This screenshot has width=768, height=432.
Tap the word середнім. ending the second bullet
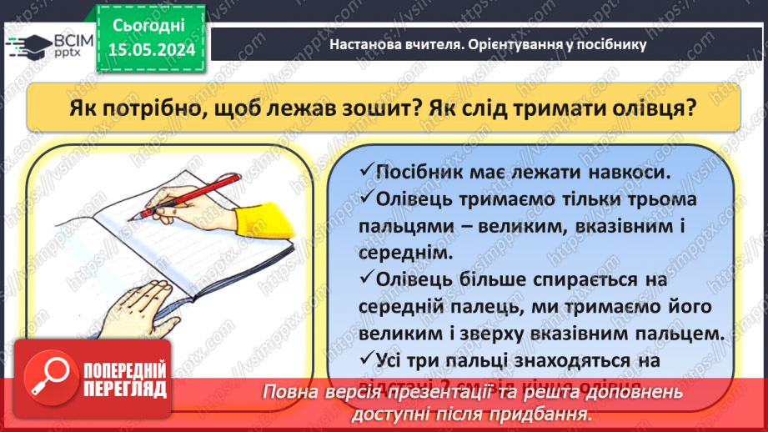(x=403, y=251)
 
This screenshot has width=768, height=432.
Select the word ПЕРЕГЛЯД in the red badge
(x=126, y=389)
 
